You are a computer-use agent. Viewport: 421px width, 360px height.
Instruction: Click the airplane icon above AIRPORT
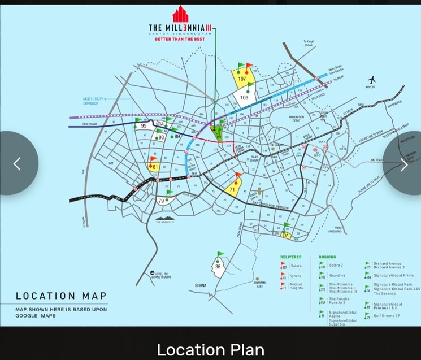click(372, 80)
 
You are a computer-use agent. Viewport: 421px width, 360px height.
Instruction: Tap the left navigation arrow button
click(17, 164)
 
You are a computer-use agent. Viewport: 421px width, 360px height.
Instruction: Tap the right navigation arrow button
click(403, 164)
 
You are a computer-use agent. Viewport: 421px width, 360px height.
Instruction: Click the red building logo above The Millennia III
click(180, 15)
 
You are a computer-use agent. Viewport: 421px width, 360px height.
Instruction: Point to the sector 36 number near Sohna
click(218, 266)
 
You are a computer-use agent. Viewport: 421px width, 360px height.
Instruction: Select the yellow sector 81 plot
click(155, 167)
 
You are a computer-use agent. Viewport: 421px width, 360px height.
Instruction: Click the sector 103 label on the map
click(244, 98)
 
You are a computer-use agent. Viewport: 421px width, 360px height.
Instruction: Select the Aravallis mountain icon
click(166, 217)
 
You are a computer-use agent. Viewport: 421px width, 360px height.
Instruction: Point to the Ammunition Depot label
click(297, 119)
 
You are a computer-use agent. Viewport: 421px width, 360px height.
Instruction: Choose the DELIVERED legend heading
click(291, 257)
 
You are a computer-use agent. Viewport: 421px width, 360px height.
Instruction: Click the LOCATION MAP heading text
click(61, 296)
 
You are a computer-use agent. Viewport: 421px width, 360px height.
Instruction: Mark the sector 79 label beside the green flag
click(161, 201)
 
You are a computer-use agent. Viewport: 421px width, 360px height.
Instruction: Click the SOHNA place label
click(199, 285)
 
